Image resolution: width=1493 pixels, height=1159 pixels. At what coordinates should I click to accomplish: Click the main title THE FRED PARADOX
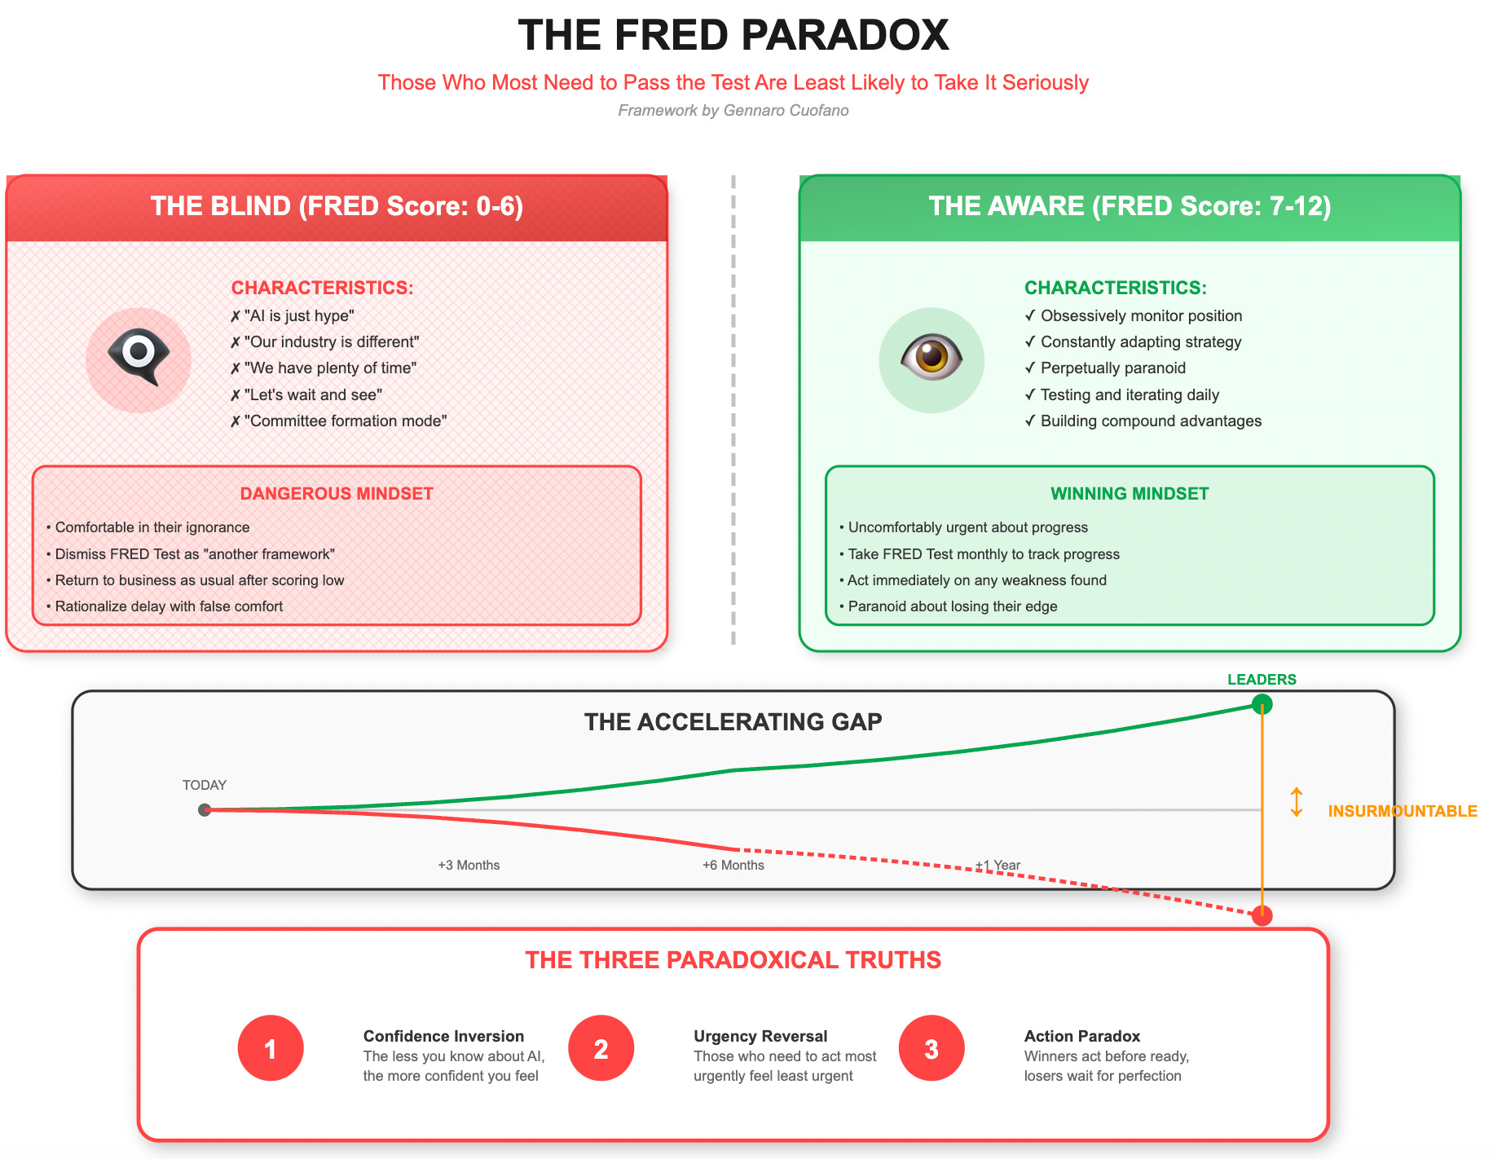(x=733, y=36)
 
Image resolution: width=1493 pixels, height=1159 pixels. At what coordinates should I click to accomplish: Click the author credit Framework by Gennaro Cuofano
(x=733, y=110)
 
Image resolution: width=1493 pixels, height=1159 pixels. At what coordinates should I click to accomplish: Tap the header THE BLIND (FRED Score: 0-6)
(x=337, y=206)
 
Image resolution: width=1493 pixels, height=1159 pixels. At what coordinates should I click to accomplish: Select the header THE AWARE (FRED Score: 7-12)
(x=1130, y=206)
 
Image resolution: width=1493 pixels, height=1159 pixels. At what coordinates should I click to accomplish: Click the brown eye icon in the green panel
(x=931, y=359)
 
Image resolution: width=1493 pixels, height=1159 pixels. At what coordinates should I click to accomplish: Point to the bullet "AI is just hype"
(x=298, y=316)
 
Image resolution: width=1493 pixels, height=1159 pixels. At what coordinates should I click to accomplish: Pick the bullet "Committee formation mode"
(x=345, y=421)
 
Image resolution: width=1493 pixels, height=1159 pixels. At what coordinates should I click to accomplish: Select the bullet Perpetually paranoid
(x=1112, y=368)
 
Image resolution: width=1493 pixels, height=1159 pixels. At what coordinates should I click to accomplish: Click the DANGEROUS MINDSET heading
(x=337, y=494)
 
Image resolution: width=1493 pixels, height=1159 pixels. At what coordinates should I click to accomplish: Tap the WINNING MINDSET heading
(x=1130, y=494)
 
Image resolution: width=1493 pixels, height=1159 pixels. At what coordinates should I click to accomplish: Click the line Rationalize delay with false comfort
(x=169, y=606)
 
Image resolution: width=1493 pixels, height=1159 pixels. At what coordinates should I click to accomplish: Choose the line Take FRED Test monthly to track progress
(x=984, y=554)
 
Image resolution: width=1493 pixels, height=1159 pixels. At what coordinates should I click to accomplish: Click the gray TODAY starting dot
(x=205, y=809)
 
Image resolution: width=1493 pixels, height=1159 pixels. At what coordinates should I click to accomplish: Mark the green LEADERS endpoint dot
(x=1262, y=703)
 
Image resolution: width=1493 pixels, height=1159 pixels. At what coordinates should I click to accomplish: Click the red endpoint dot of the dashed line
(x=1262, y=916)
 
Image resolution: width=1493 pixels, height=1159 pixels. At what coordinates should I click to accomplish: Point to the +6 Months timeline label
(x=733, y=865)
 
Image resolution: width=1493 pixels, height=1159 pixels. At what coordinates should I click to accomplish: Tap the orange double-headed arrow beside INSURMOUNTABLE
(x=1297, y=802)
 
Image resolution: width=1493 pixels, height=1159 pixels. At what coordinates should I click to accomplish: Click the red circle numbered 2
(x=601, y=1048)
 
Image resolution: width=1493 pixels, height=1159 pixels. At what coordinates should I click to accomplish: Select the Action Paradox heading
(x=1081, y=1036)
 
